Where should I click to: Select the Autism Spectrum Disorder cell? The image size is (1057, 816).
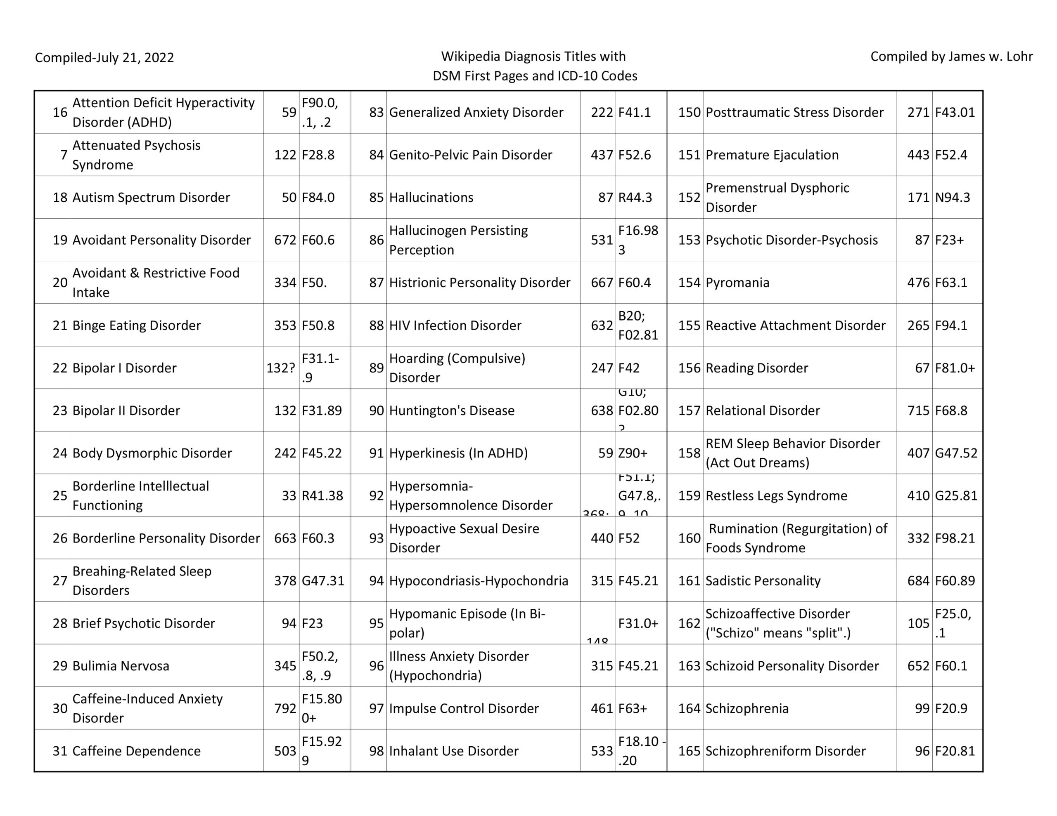pos(151,197)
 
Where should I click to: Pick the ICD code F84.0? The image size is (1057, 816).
pos(318,197)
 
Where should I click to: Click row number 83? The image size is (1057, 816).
pos(376,112)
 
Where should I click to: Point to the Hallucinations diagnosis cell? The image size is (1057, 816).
pos(431,197)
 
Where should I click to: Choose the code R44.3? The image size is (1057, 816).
pos(635,197)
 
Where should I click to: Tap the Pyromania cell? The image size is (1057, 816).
pos(737,283)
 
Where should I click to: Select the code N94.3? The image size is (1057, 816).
pos(953,197)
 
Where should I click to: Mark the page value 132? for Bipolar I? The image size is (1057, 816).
pos(281,368)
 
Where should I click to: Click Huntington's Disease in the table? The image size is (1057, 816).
pos(452,410)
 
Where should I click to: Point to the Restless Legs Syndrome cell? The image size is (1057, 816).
pos(776,496)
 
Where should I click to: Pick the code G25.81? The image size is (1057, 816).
pos(956,496)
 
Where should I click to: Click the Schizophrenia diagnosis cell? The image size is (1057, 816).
pos(747,709)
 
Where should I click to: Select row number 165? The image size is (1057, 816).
pos(689,751)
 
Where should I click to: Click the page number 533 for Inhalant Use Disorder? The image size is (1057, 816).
pos(602,751)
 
